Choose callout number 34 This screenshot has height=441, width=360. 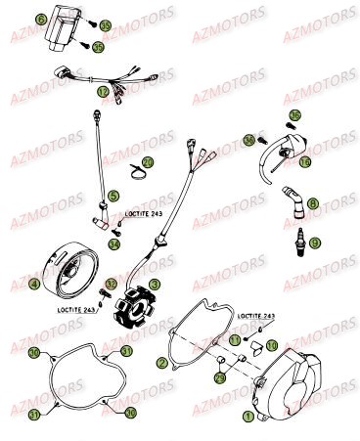114,244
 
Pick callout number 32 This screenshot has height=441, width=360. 111,285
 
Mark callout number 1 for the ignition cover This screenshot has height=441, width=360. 221,417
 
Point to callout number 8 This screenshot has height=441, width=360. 312,203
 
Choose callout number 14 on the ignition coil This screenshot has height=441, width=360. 305,161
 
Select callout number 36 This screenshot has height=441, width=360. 249,140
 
